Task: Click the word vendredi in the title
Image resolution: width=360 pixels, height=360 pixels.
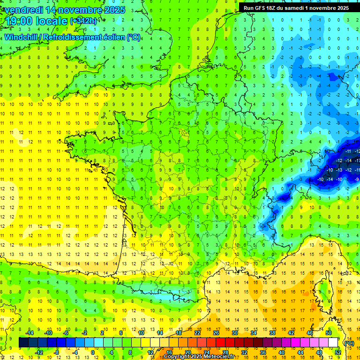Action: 23,10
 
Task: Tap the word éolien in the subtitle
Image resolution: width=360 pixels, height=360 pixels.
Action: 115,37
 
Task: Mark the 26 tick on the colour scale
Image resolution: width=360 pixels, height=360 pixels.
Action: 216,332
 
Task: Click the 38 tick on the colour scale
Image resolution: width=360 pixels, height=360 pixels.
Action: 272,332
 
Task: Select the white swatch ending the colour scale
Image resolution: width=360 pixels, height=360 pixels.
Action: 333,342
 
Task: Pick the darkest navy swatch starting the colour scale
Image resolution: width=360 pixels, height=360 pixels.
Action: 23,342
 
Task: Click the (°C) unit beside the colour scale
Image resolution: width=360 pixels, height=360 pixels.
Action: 349,343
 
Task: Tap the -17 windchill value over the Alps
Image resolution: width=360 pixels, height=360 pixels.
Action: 358,161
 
